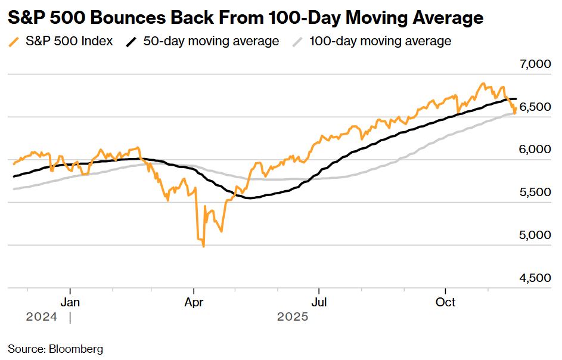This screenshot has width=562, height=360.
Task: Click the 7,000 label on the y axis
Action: tap(534, 64)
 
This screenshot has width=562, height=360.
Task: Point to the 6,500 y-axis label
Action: tap(534, 107)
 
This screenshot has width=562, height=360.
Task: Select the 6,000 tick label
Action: tap(534, 150)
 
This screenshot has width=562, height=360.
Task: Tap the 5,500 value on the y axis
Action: tap(534, 193)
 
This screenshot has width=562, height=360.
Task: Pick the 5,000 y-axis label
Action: tap(534, 235)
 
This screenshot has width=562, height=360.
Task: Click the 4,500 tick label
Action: tap(534, 278)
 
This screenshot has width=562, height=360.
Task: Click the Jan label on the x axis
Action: tap(70, 302)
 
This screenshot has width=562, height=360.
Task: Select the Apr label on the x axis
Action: tap(194, 302)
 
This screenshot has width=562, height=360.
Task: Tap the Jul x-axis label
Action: tap(320, 302)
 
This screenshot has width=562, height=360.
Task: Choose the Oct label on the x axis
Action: tap(445, 302)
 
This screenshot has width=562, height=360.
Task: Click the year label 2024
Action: tap(42, 317)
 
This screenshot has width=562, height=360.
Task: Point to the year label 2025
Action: tap(293, 317)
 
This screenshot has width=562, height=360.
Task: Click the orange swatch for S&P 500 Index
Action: tap(14, 42)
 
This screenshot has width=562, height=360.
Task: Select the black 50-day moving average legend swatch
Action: tap(132, 42)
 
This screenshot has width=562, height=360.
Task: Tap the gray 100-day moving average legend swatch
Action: tap(298, 42)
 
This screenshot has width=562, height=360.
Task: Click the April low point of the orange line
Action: tap(204, 246)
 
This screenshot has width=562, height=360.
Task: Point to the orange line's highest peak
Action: tap(483, 83)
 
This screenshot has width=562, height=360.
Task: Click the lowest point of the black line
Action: tap(249, 198)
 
